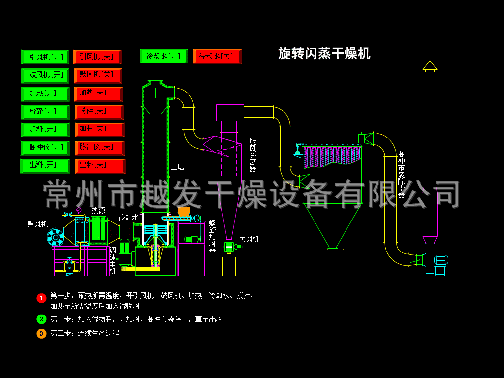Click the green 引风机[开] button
point(45,57)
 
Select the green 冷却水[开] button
point(164,56)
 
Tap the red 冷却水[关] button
point(217,56)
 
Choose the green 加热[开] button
point(45,94)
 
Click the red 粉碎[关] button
point(99,112)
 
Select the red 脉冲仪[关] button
point(99,148)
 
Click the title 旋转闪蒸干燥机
point(324,53)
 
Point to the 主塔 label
point(177,167)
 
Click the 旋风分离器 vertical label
point(252,155)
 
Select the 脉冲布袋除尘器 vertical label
point(401,174)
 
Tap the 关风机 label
point(249,239)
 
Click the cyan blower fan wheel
point(56,237)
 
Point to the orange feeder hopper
point(184,211)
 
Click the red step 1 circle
point(41,298)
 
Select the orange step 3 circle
point(41,334)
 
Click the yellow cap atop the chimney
point(430,65)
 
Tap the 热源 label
point(98,211)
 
